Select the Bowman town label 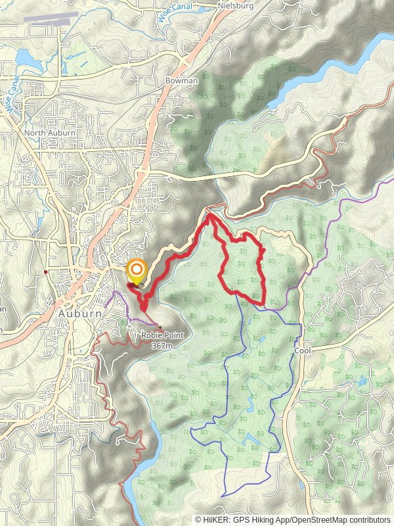click(181, 80)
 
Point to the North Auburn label click(49, 133)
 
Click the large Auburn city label click(80, 314)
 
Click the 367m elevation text click(162, 345)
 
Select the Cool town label click(303, 351)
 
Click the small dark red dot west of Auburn click(45, 272)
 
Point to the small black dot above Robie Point click(160, 327)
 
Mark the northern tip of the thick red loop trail click(209, 214)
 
